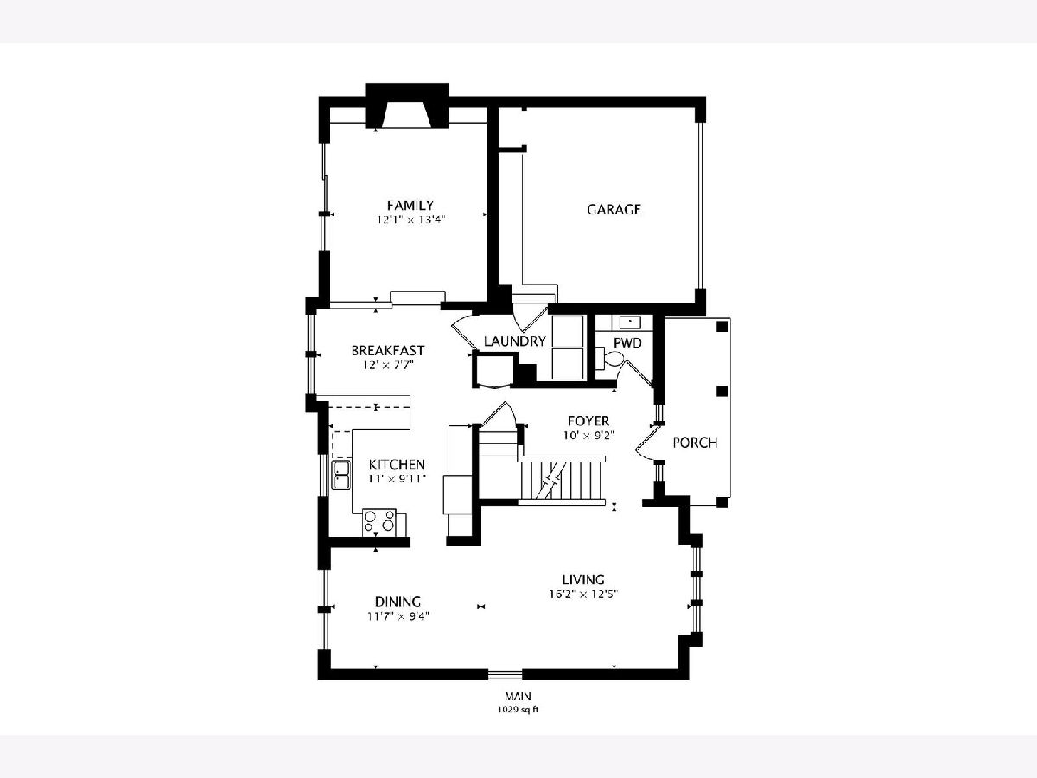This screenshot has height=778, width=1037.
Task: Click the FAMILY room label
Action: (410, 206)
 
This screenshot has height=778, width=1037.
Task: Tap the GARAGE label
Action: (614, 209)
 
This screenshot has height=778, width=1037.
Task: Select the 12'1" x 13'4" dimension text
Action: (411, 220)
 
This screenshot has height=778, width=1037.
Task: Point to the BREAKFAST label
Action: (387, 350)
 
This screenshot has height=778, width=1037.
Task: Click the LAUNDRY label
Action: (514, 341)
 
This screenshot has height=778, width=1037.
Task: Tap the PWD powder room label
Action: (627, 343)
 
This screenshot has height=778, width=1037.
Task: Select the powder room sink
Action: (630, 322)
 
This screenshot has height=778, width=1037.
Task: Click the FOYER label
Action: (588, 420)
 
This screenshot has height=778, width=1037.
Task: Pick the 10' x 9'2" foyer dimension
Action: (588, 435)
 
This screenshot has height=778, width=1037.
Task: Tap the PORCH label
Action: (695, 443)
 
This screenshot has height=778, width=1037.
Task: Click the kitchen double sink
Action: (340, 475)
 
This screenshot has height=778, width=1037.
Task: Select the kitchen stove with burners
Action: (379, 522)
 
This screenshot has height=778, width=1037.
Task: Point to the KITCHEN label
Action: (397, 464)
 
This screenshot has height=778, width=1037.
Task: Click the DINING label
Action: (398, 602)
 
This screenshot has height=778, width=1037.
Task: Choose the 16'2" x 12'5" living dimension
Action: (584, 594)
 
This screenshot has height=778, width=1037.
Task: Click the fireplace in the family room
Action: (407, 105)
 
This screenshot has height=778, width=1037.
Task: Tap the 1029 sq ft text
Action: (518, 710)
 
